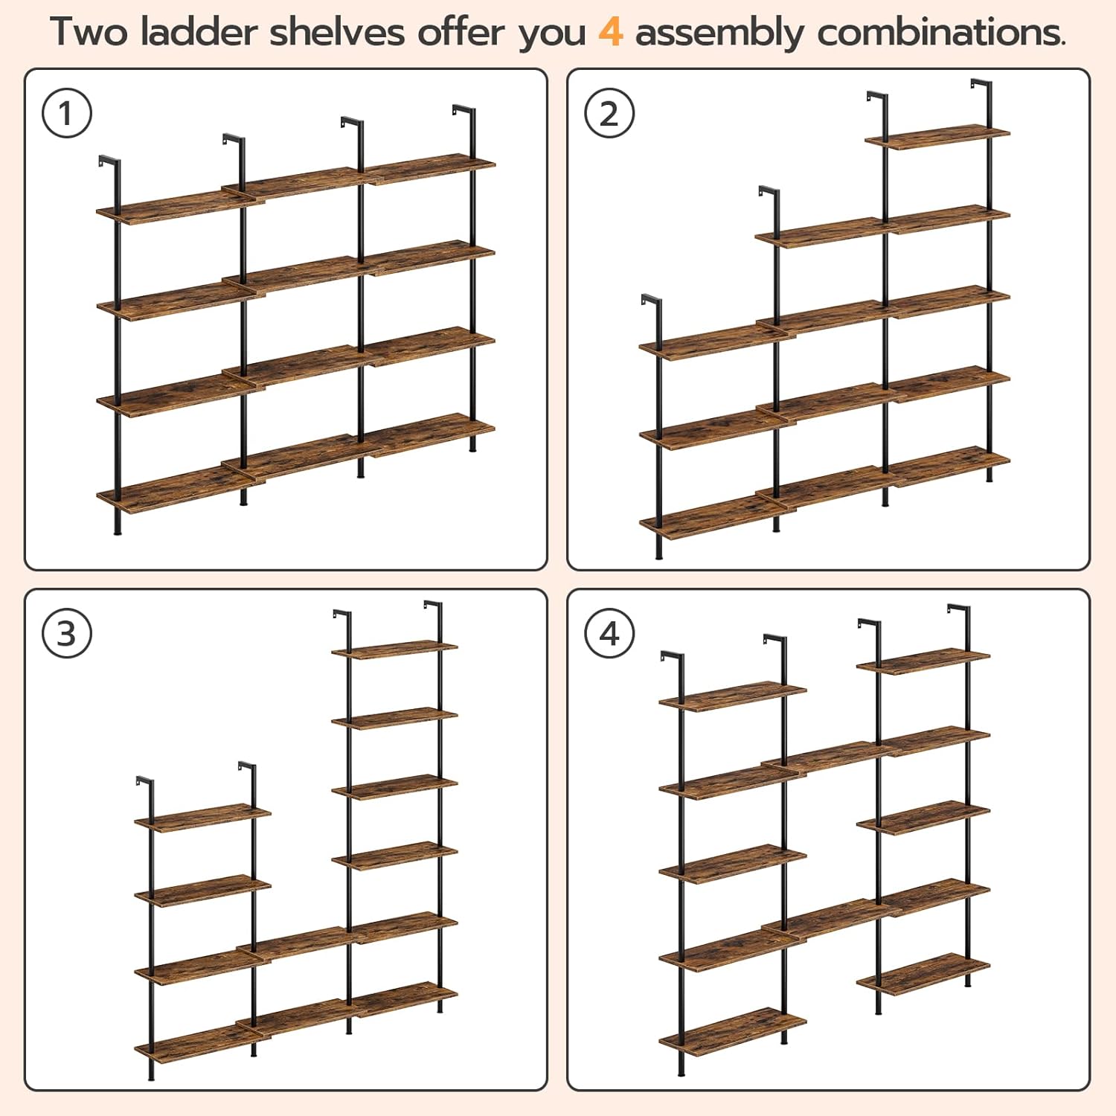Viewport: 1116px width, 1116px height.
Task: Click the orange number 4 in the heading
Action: [x=610, y=33]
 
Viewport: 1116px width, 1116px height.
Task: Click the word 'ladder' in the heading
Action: [x=199, y=33]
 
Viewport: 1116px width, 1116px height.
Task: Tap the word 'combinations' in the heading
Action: [x=940, y=33]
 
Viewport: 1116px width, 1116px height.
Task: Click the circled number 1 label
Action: [x=67, y=114]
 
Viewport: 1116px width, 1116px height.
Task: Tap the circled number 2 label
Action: [x=609, y=114]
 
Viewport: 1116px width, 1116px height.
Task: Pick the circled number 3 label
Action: [x=67, y=634]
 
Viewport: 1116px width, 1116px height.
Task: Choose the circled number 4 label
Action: [x=609, y=634]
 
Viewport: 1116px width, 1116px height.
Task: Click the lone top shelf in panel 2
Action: [x=937, y=137]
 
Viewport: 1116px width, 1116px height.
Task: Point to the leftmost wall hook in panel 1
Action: [x=109, y=161]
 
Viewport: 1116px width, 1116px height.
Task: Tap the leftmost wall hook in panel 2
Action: [x=650, y=301]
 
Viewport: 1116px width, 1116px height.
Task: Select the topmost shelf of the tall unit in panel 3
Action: [x=394, y=649]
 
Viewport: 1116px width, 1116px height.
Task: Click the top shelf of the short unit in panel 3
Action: [x=202, y=816]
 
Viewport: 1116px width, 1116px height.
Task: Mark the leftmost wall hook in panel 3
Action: [x=144, y=782]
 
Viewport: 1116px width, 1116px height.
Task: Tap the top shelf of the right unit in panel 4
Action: [x=923, y=661]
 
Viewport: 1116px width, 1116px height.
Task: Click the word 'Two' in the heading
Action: [x=89, y=33]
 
